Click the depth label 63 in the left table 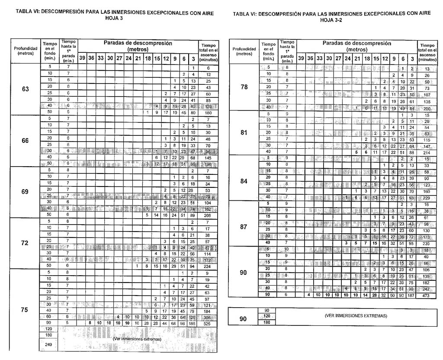pyautogui.click(x=25, y=90)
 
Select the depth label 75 pyautogui.click(x=25, y=310)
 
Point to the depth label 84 pyautogui.click(x=244, y=181)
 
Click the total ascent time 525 pyautogui.click(x=208, y=323)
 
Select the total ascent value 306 pyautogui.click(x=208, y=317)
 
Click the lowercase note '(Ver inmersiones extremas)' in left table pyautogui.click(x=137, y=339)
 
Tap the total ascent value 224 pyautogui.click(x=208, y=266)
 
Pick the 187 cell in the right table pyautogui.click(x=412, y=295)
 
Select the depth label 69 pyautogui.click(x=25, y=192)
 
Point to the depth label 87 pyautogui.click(x=244, y=226)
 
